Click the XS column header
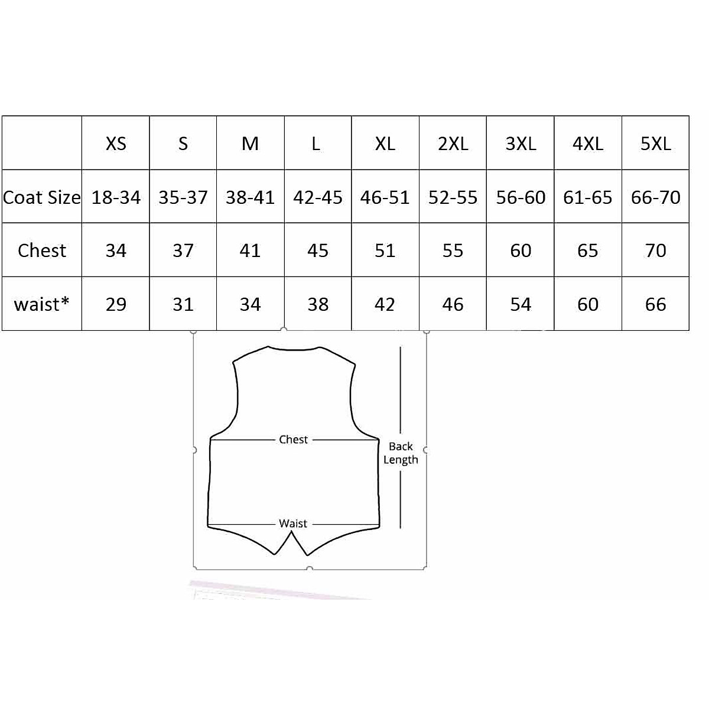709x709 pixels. coord(116,144)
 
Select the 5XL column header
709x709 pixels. coord(655,144)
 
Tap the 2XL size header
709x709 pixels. coord(453,144)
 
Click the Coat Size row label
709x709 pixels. coord(41,197)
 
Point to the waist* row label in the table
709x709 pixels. coord(41,304)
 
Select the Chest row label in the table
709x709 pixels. coord(41,251)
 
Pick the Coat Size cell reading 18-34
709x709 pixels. coord(116,197)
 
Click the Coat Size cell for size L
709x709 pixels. coord(318,197)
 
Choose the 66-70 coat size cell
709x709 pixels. coord(655,197)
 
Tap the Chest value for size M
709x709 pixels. coord(251,251)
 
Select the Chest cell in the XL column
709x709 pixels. coord(385,251)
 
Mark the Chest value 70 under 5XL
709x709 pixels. coord(655,251)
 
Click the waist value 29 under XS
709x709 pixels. coord(116,304)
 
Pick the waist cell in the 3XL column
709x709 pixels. coord(521,304)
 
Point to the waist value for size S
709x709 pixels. coord(183,304)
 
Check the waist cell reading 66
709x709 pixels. coord(655,304)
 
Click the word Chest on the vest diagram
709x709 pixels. coord(294,440)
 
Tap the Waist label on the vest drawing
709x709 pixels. coord(293,523)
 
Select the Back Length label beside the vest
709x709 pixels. coord(401,453)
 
